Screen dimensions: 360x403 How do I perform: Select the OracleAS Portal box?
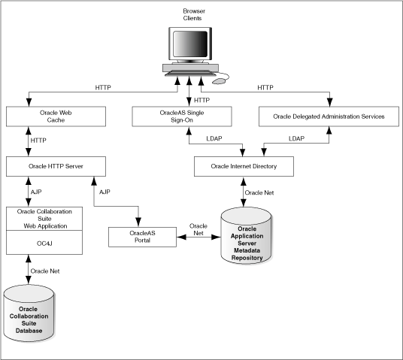coord(137,237)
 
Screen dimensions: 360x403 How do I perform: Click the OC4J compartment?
coord(42,242)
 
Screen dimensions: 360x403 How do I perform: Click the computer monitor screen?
coord(190,46)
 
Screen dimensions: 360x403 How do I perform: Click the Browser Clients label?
coord(193,14)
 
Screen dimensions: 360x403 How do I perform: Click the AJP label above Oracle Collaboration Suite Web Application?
coord(36,191)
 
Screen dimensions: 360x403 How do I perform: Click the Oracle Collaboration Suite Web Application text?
coord(42,219)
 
